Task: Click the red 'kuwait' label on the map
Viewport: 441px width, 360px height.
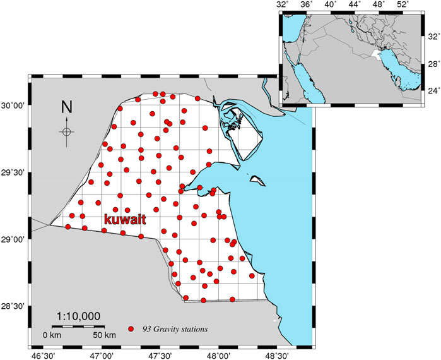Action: [125, 220]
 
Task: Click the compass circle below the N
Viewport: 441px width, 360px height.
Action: [66, 132]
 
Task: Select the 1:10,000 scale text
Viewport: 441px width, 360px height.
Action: [78, 316]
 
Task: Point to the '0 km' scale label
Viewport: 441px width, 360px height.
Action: [51, 333]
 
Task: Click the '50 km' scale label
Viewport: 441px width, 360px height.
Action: [104, 333]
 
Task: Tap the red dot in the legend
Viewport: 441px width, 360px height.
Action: [131, 329]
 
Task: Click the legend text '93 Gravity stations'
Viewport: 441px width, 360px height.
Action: [173, 329]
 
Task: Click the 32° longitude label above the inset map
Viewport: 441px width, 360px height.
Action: [283, 5]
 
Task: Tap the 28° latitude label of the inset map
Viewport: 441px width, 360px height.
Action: [430, 64]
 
